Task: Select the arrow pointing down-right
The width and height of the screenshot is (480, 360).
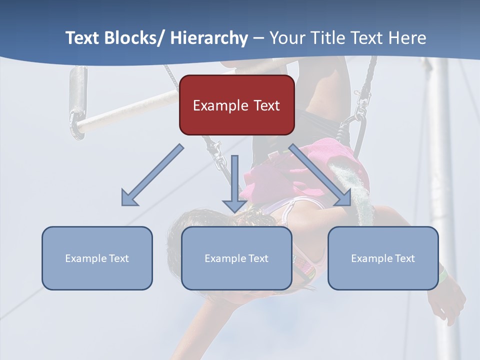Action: tap(320, 175)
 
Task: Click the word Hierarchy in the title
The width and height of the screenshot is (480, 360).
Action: tap(209, 38)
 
